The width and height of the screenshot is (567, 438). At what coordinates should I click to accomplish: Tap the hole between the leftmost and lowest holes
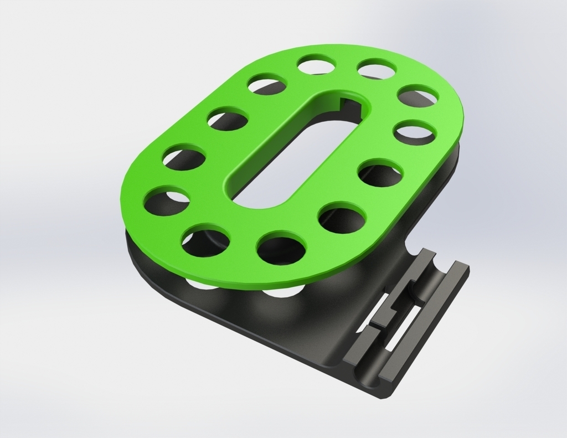(205, 241)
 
